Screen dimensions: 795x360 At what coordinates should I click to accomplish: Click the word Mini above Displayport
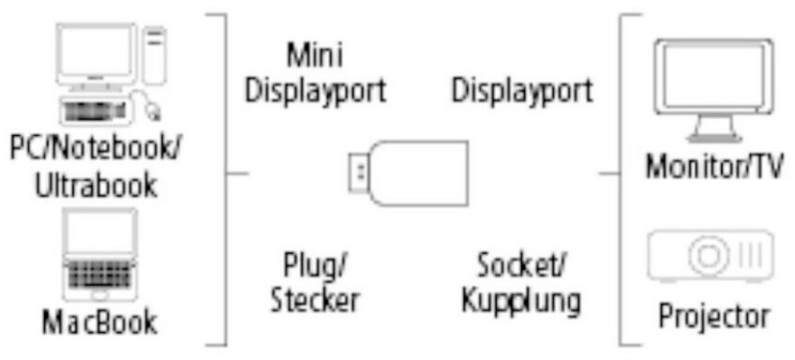[315, 54]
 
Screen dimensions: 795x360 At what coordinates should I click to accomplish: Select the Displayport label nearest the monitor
[521, 92]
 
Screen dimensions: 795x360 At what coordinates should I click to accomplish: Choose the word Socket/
[521, 265]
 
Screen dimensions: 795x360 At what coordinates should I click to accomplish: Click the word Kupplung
[521, 301]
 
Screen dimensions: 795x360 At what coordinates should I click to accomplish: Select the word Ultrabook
[96, 185]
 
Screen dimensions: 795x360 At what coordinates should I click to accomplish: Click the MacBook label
[99, 322]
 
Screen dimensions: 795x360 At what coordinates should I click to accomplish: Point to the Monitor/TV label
[714, 166]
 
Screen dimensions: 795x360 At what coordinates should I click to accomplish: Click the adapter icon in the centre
[408, 172]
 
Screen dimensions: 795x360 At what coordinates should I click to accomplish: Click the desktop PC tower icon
[154, 54]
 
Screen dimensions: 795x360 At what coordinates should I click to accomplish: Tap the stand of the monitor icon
[714, 128]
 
